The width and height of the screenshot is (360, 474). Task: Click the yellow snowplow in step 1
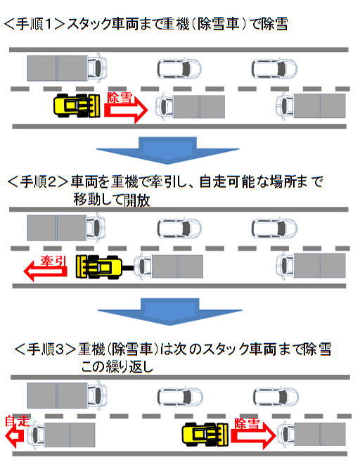tap(77, 105)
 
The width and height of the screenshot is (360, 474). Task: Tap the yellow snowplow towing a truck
tap(99, 267)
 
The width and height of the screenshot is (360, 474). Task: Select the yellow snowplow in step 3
tap(205, 434)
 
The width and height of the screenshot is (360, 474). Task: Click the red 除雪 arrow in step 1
tap(126, 110)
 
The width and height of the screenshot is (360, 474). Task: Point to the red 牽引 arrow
tap(45, 270)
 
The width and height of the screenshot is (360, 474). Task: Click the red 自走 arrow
tap(15, 436)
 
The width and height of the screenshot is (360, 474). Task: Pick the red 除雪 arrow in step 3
tap(254, 435)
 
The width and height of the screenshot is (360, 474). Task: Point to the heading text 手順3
tap(45, 350)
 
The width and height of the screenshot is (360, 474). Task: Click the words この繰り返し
tap(117, 367)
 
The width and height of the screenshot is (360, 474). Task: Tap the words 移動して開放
tap(112, 200)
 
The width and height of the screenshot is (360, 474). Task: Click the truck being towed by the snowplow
tap(168, 267)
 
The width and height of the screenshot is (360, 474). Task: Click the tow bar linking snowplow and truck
tap(127, 267)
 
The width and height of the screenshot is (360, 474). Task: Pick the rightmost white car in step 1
tap(274, 68)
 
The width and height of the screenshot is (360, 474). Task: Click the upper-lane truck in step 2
tap(67, 228)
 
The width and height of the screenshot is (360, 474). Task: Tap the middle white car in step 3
tap(180, 397)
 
